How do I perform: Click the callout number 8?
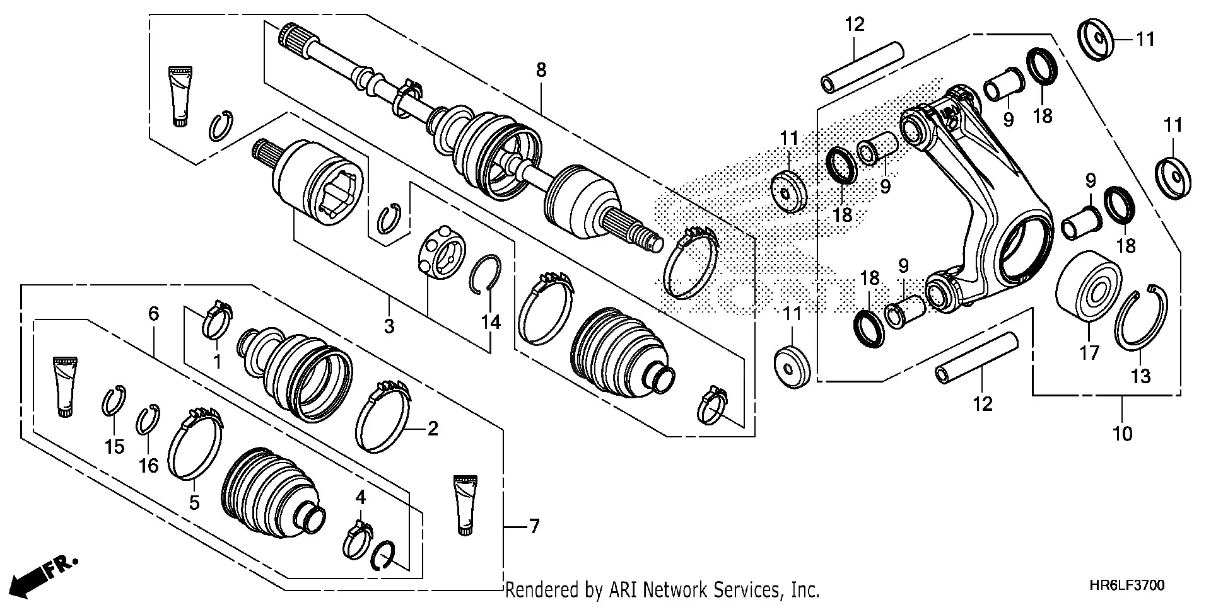(x=541, y=70)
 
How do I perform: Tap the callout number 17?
(x=1089, y=352)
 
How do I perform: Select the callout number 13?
(x=1141, y=376)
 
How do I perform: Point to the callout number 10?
(x=1123, y=433)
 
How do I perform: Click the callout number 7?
(x=534, y=526)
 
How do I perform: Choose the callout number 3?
(x=389, y=326)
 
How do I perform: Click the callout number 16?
(x=149, y=465)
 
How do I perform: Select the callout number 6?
(x=154, y=313)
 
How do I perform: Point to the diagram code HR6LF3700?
(x=1126, y=586)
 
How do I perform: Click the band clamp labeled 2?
(x=382, y=416)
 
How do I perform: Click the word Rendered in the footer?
(x=542, y=591)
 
